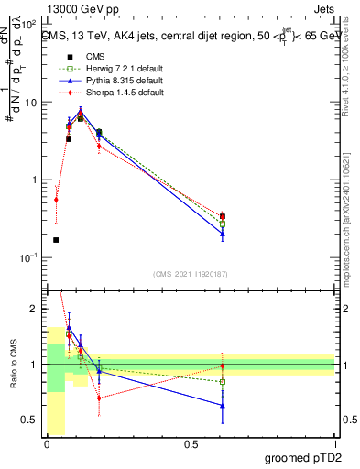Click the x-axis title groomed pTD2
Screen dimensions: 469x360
302,457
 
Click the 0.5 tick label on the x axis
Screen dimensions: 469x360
191,444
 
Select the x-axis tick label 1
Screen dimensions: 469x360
334,444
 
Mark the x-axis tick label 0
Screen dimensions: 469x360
47,444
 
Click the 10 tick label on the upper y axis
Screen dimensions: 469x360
31,103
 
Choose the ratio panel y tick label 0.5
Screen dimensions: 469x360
30,420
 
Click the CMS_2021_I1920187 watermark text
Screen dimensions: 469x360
191,274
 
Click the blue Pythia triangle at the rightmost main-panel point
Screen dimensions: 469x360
223,234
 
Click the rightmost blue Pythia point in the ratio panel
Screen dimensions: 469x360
223,405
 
